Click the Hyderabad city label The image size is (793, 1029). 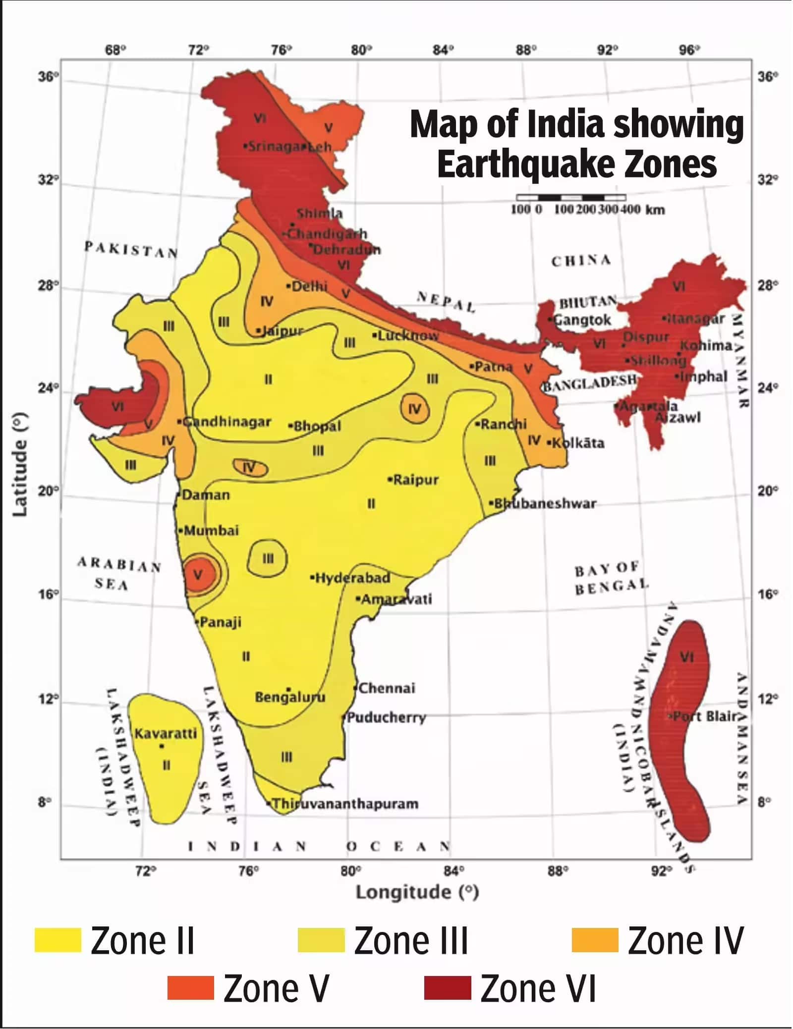[x=352, y=578]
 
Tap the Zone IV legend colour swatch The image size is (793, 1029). [x=594, y=940]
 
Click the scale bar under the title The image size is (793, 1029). [x=571, y=198]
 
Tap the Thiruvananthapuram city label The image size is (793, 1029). [x=345, y=803]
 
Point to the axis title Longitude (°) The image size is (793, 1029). [x=417, y=892]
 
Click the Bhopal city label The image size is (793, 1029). [x=317, y=426]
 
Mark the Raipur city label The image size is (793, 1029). [x=415, y=480]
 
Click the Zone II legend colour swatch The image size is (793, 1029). [x=57, y=940]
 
